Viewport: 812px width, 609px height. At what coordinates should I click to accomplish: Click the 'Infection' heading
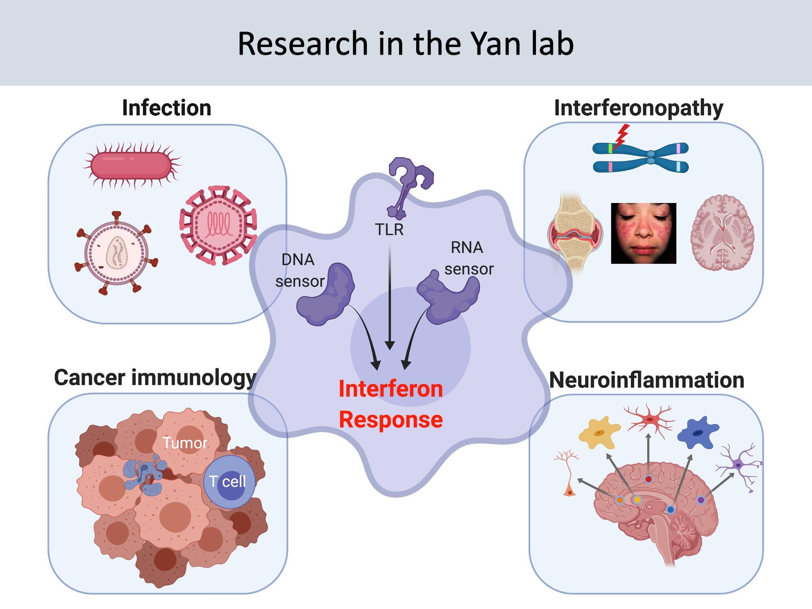166,108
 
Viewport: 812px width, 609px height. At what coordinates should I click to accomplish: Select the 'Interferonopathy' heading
638,108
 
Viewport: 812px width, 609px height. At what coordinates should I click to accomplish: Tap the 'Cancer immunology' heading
155,378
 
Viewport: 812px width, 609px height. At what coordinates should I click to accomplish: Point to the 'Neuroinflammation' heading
646,380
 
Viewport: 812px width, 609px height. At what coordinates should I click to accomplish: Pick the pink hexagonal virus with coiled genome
218,225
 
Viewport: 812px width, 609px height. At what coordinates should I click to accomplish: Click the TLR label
389,230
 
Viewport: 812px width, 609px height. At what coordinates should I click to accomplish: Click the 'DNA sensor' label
299,270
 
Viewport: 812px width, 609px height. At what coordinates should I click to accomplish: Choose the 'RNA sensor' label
468,258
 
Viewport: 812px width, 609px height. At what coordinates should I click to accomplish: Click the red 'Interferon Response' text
391,404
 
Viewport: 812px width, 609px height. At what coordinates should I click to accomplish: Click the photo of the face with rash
644,233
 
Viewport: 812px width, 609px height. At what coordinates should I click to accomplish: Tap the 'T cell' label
228,482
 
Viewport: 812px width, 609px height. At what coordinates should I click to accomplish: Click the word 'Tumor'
185,443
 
